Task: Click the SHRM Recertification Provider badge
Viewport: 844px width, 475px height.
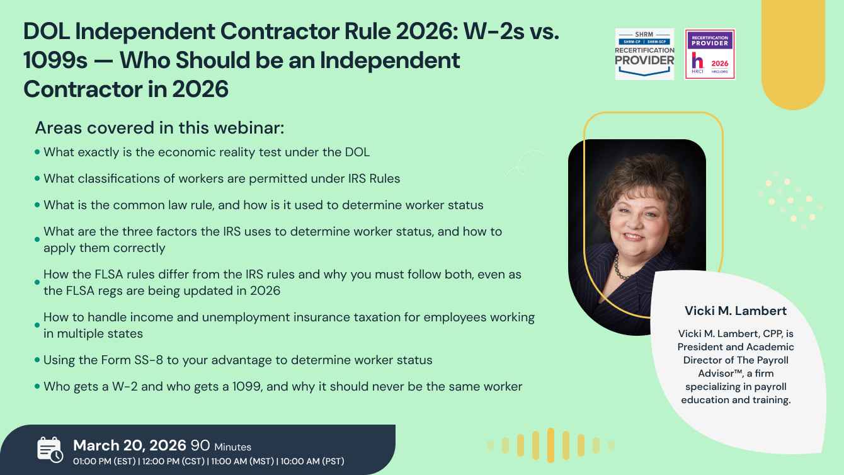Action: point(644,54)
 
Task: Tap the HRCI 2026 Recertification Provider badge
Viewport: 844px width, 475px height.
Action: point(710,54)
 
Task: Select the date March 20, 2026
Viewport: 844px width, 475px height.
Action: point(130,445)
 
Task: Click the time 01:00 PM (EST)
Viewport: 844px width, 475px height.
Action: point(105,461)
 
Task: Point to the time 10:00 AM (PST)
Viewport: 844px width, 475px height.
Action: point(312,461)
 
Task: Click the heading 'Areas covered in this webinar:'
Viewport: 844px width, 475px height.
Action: point(159,128)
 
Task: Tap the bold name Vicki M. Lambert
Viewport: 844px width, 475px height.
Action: point(736,311)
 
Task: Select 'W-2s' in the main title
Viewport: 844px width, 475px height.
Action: point(494,31)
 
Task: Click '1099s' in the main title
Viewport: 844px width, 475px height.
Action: point(55,60)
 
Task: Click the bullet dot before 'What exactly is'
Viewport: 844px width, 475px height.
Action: point(37,152)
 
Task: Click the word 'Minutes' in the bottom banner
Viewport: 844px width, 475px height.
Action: point(232,447)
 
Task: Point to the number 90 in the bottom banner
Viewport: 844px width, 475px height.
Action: point(200,445)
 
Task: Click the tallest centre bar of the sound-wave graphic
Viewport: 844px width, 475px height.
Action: point(550,445)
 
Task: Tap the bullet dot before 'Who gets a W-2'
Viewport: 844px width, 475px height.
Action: point(37,386)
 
